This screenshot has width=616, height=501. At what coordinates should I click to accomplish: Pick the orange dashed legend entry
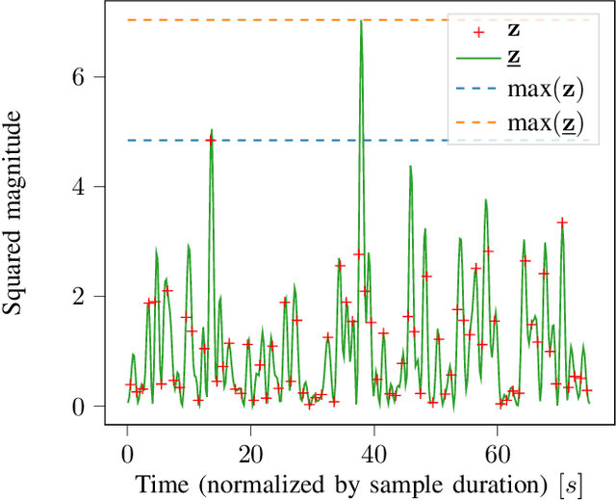(471, 123)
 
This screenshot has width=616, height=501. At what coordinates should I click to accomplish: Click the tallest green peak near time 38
(361, 22)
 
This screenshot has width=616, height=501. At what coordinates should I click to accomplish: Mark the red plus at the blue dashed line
(211, 141)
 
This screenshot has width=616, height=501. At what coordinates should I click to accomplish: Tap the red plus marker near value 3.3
(562, 223)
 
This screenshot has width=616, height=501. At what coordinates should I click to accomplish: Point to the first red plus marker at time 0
(129, 384)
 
